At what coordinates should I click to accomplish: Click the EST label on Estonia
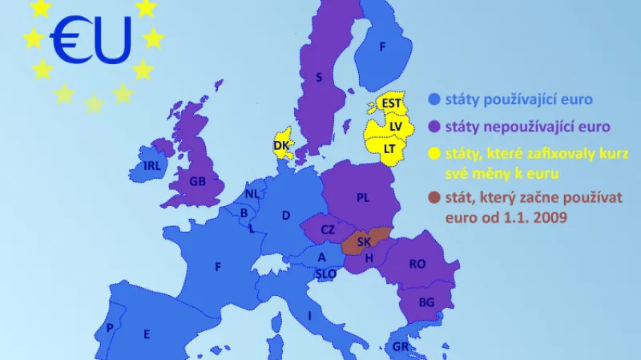click(x=391, y=103)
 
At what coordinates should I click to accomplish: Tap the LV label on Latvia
click(x=396, y=126)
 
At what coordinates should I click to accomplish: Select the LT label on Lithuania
click(x=389, y=148)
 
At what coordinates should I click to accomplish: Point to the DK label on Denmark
click(x=281, y=145)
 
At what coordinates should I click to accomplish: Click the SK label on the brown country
click(x=364, y=241)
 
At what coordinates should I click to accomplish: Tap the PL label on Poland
click(x=363, y=198)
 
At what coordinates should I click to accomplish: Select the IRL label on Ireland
click(x=152, y=166)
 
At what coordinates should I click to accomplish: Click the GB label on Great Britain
click(x=197, y=181)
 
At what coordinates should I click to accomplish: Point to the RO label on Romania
click(x=417, y=264)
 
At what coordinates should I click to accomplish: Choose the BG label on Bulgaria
click(x=427, y=302)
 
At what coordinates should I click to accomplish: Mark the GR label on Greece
click(x=401, y=347)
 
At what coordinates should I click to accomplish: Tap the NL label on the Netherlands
click(x=252, y=194)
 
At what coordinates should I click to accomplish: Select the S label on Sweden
click(x=319, y=78)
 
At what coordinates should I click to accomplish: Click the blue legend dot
click(x=434, y=100)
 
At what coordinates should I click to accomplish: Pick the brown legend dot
click(x=434, y=197)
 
